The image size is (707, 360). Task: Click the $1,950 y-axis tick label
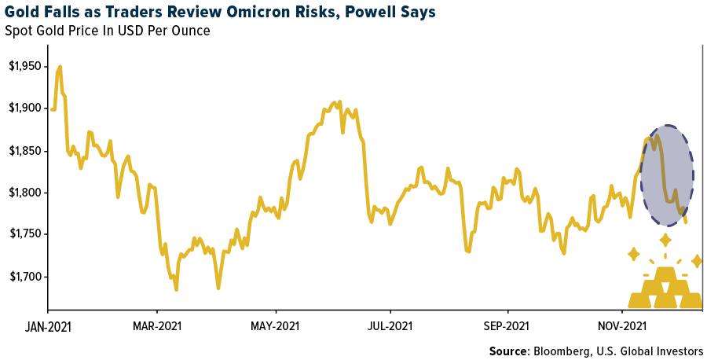[24, 66]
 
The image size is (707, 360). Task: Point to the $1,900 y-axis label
[24, 108]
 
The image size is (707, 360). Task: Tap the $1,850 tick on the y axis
[24, 151]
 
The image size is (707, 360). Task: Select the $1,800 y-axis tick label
[24, 193]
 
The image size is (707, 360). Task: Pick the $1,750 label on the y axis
[24, 235]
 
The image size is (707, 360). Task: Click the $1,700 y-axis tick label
[24, 277]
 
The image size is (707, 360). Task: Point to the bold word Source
[508, 351]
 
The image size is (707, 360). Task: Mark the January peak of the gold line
[60, 67]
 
